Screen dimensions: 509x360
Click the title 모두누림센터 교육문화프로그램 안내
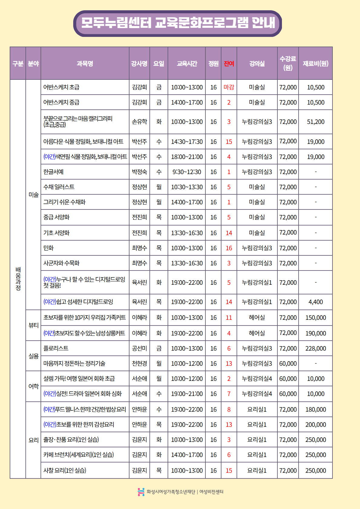(x=178, y=23)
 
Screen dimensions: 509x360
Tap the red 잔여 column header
(x=229, y=63)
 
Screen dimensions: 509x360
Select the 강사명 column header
(x=139, y=63)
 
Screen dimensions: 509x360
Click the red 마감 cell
(x=229, y=87)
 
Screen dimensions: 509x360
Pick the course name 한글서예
(x=54, y=172)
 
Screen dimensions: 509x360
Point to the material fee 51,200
(x=316, y=122)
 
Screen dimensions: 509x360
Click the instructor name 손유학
(x=139, y=122)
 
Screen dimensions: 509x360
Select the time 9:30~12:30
(x=187, y=172)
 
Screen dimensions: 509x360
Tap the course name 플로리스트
(x=56, y=348)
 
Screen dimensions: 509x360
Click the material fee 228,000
(x=316, y=349)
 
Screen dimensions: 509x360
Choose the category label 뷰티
(x=34, y=325)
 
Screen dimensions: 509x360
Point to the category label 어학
(x=34, y=386)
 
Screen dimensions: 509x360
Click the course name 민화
(x=48, y=248)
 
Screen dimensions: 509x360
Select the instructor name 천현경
(x=139, y=364)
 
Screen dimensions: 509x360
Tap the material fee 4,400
(x=316, y=302)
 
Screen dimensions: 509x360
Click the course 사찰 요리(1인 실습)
(x=65, y=470)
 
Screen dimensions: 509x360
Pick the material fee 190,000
(x=316, y=333)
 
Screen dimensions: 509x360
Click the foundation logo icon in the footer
(x=141, y=492)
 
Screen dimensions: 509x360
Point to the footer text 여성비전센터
(x=211, y=492)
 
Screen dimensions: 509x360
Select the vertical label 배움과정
(x=18, y=279)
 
